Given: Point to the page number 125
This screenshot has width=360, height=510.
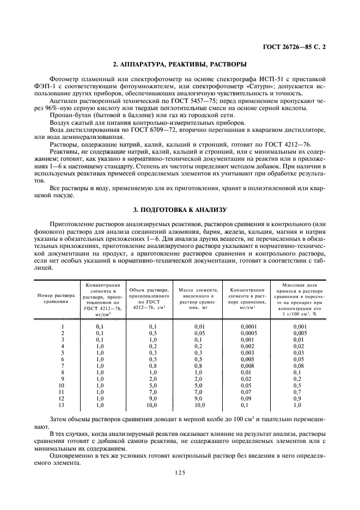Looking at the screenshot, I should coord(180,473).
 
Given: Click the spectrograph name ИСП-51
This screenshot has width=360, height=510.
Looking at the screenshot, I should coord(267,81).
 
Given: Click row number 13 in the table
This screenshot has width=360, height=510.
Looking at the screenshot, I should coord(63,405).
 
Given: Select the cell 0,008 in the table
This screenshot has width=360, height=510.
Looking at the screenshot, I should coord(248,366).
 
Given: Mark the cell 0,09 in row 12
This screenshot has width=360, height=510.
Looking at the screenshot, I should coord(248,398).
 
